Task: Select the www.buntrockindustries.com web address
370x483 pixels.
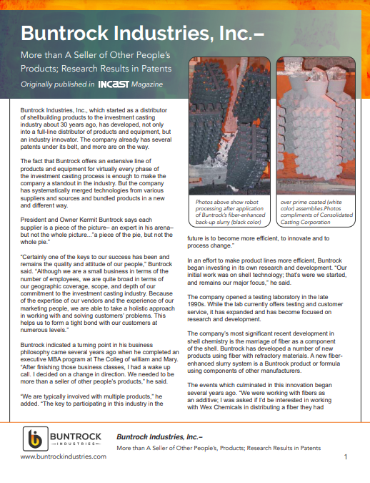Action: [63, 456]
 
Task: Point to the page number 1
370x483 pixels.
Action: [346, 457]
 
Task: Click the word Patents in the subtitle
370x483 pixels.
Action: [151, 69]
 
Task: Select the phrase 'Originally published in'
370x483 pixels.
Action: [57, 84]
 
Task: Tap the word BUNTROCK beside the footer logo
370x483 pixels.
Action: [76, 436]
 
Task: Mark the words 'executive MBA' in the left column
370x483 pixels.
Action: [37, 351]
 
